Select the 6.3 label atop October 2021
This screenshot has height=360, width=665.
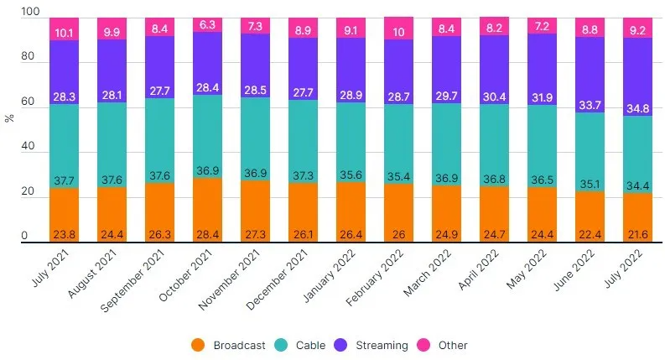click(x=207, y=25)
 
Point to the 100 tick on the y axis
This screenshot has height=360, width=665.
click(x=30, y=13)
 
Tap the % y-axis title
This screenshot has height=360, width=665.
click(x=9, y=118)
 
